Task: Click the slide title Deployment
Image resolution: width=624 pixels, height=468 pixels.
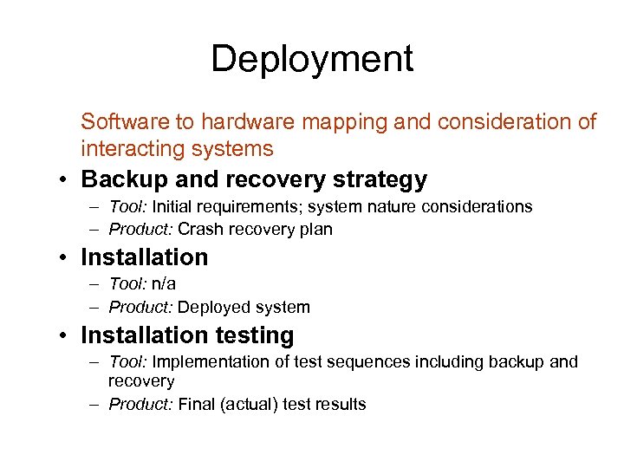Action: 312,59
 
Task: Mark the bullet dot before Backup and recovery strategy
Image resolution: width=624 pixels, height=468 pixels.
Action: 65,180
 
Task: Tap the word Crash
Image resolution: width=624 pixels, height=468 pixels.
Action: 201,230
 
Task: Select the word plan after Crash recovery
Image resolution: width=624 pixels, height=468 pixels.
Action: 315,230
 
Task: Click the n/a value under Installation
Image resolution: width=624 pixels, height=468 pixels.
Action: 164,284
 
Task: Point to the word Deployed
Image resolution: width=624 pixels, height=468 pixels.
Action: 213,307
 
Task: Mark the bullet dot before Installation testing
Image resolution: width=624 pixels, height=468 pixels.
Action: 65,336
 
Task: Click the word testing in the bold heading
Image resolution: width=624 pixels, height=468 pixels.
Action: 254,335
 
